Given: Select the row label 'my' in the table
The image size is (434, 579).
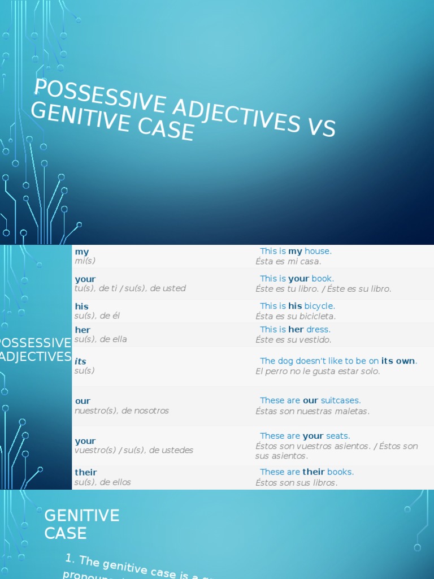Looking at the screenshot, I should [x=82, y=252].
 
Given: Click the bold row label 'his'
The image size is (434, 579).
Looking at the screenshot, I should [x=82, y=306].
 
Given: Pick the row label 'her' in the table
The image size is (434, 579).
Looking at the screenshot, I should [x=83, y=330].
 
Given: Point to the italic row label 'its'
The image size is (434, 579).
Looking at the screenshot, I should [x=81, y=361].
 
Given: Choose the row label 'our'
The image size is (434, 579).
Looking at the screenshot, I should [x=83, y=401].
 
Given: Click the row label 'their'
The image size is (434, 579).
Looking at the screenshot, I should [x=86, y=472].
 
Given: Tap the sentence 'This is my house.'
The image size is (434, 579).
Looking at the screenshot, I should [x=296, y=251].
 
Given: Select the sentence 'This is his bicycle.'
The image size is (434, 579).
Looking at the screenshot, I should [x=297, y=306].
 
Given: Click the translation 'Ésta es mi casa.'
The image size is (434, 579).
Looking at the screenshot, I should [x=288, y=261].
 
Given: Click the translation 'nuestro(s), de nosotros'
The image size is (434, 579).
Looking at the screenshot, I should [x=121, y=411].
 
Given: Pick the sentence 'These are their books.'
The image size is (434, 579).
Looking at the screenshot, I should [x=307, y=472].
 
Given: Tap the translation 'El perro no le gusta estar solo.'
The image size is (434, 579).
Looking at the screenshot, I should [x=318, y=371].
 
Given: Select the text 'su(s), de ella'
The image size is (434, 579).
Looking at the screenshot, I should [x=101, y=339].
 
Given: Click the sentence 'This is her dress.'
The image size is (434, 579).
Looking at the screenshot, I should [x=295, y=329].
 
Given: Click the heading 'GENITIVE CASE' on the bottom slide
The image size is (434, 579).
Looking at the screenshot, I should [x=82, y=524].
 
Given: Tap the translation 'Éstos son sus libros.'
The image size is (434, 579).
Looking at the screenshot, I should [x=297, y=482].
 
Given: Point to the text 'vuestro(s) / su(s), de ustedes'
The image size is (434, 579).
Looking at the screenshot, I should [x=134, y=450].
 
